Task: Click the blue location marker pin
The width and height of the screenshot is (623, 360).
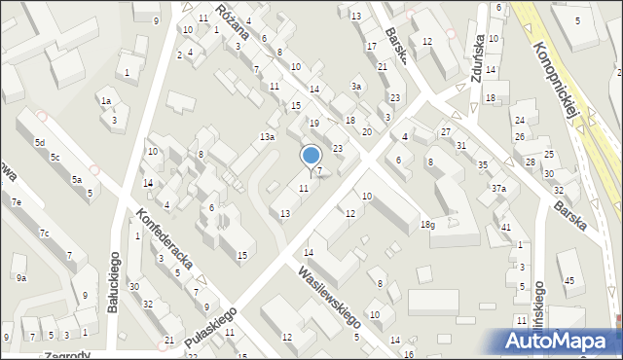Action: [x=311, y=156]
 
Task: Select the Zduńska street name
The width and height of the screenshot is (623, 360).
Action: [x=479, y=68]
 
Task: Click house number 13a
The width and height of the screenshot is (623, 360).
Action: [x=267, y=137]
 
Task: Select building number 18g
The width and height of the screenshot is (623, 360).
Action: [x=427, y=225]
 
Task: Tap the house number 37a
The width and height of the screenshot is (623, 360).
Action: [x=498, y=188]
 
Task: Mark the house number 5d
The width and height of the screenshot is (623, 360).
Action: [x=40, y=143]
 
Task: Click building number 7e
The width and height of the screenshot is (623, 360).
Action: [x=17, y=201]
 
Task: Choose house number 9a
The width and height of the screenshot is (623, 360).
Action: [x=21, y=277]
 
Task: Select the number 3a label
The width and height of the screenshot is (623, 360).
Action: [x=357, y=87]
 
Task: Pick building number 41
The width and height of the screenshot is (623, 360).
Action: [x=505, y=227]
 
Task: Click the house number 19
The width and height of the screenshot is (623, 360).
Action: [x=313, y=123]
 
